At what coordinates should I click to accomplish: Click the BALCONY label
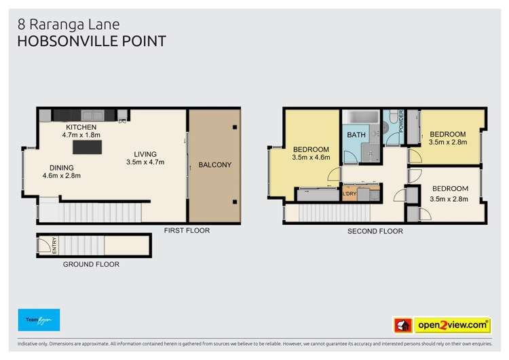coord(214,165)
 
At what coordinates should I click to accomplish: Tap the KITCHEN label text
coord(81,127)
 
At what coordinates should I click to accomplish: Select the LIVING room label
coord(145,153)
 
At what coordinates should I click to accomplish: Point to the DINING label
coord(61,168)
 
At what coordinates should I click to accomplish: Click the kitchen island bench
coord(87,146)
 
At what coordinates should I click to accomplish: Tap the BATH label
coord(356,135)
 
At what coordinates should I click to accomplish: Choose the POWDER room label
coord(401,121)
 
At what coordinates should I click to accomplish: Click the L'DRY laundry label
coord(350,194)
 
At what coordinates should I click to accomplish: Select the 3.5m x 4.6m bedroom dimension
coord(311,158)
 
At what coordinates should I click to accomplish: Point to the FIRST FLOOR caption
coord(187,231)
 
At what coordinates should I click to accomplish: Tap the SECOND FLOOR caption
coord(375,232)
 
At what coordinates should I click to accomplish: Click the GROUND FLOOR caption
coord(91,264)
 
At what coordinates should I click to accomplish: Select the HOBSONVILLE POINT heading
coord(92,41)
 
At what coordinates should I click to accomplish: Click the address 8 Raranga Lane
coord(68,24)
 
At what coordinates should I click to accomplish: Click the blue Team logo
coord(39,320)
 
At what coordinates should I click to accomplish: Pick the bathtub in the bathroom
coord(356,118)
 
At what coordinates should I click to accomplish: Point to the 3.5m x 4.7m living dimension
coord(145,162)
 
